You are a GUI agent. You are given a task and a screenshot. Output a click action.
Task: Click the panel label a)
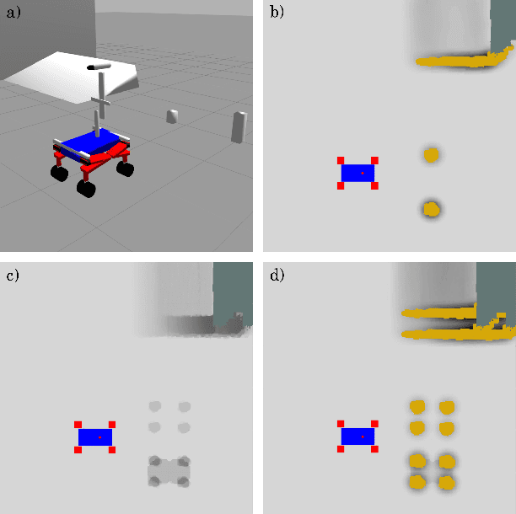(13, 13)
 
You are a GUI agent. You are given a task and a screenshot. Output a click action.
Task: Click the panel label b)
(277, 12)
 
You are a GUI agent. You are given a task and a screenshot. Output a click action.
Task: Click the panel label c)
(13, 275)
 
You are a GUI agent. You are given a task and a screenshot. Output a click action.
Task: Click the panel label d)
(277, 275)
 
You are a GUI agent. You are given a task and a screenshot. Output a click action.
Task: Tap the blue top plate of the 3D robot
(89, 142)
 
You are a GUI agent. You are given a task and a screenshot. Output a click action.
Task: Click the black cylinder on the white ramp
(99, 66)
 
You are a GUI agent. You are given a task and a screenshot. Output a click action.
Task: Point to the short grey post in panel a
(172, 116)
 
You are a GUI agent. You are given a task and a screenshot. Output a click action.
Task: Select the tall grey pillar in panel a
(239, 127)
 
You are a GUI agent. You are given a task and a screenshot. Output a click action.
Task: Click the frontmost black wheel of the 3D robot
(86, 189)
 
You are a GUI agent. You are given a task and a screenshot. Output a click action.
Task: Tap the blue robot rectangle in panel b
(357, 173)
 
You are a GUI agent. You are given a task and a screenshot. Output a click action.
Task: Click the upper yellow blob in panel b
(431, 155)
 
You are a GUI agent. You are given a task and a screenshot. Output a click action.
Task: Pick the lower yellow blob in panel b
(431, 209)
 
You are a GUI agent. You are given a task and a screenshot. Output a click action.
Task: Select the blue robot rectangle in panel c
(95, 437)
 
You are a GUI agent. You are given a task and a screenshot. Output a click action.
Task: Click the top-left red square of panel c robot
(78, 425)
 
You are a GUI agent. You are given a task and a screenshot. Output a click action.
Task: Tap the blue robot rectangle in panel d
(357, 436)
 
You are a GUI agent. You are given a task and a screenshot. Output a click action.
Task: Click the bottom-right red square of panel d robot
(374, 449)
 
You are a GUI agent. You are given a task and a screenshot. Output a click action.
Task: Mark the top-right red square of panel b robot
(374, 160)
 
